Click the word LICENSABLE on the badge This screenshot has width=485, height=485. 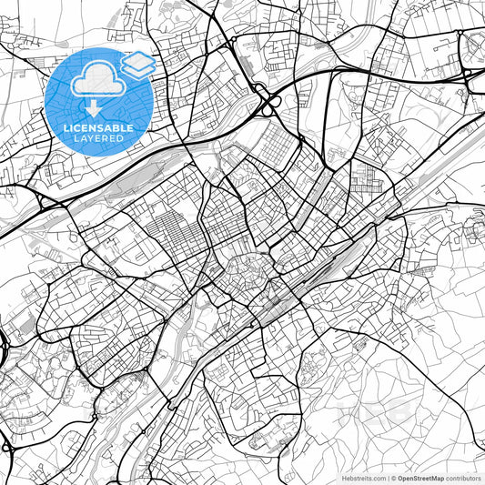(x=99, y=128)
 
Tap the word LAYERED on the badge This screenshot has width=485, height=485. (x=99, y=138)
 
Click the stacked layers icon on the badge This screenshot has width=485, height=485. (x=137, y=63)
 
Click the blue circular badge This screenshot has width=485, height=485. (x=99, y=102)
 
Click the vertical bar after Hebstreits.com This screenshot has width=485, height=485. (x=385, y=477)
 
